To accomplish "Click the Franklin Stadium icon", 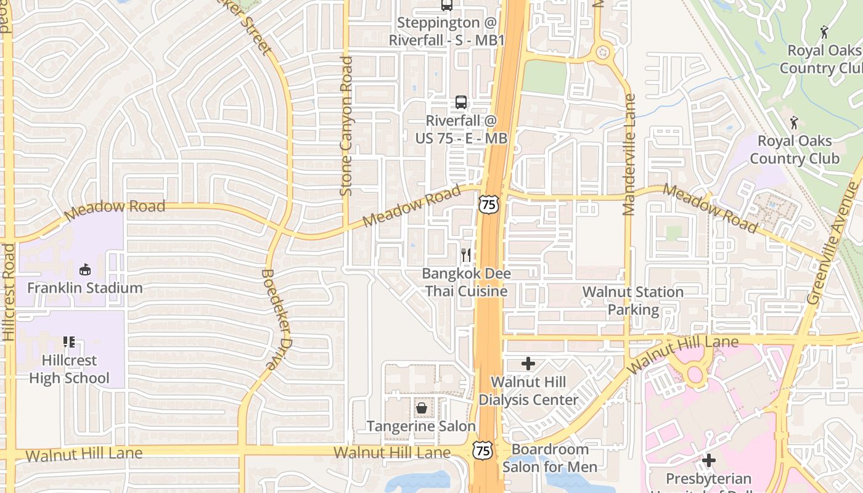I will click(x=85, y=270).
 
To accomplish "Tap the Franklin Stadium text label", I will click(x=85, y=288).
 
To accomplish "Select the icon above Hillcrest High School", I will click(x=68, y=342).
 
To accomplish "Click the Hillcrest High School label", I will click(x=69, y=369).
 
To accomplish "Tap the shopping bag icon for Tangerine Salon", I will click(x=422, y=408).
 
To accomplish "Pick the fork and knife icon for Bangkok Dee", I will click(x=466, y=255).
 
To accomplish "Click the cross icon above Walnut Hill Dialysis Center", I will click(x=528, y=364).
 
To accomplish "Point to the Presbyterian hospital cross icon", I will click(x=709, y=460).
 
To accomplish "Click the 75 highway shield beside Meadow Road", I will click(x=488, y=204).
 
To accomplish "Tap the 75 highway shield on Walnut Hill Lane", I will click(x=483, y=450).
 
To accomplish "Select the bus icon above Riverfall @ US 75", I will click(x=461, y=102).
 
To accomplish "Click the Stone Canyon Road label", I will click(x=346, y=126).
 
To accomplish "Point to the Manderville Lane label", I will click(x=629, y=154).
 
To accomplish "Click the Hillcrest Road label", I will click(x=9, y=292).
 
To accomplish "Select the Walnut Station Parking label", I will click(x=633, y=301).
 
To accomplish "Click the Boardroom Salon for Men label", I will click(x=550, y=458).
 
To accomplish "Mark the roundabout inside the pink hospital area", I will click(x=695, y=373).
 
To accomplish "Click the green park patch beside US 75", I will click(x=544, y=78).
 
